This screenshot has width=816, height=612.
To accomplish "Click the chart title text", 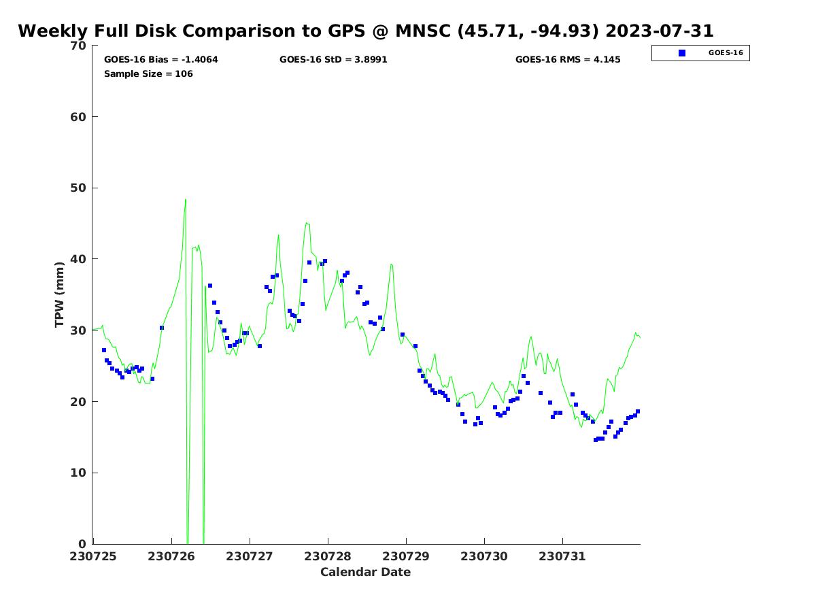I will click(365, 31).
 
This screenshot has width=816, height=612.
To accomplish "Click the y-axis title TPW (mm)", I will click(60, 294).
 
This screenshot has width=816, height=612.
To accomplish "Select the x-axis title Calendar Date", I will click(365, 572).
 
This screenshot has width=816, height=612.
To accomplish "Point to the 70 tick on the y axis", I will click(79, 46).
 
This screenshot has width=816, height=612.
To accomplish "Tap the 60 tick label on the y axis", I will click(79, 117).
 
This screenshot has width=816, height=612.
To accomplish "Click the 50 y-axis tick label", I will click(79, 188).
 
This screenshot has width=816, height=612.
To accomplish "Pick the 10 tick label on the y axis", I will click(79, 473).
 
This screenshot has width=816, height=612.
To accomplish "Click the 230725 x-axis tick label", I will click(93, 556).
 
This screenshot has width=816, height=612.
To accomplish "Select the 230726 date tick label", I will click(171, 556).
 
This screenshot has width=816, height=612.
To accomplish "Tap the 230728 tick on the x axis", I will click(328, 556).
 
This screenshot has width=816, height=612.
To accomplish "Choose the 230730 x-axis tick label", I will click(484, 556).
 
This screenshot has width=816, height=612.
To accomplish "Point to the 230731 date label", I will click(562, 556).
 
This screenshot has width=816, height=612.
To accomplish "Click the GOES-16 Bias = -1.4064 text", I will click(160, 60).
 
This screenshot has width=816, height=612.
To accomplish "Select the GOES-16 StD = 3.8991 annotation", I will click(333, 60).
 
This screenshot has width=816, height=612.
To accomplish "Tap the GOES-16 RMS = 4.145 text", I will click(568, 60).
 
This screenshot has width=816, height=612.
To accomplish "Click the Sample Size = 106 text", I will click(148, 73).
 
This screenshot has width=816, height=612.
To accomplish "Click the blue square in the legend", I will click(682, 53).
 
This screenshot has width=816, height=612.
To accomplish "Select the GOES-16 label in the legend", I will click(725, 53).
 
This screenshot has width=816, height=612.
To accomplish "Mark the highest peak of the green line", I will click(185, 199).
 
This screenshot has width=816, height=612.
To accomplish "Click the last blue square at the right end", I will click(638, 411).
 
